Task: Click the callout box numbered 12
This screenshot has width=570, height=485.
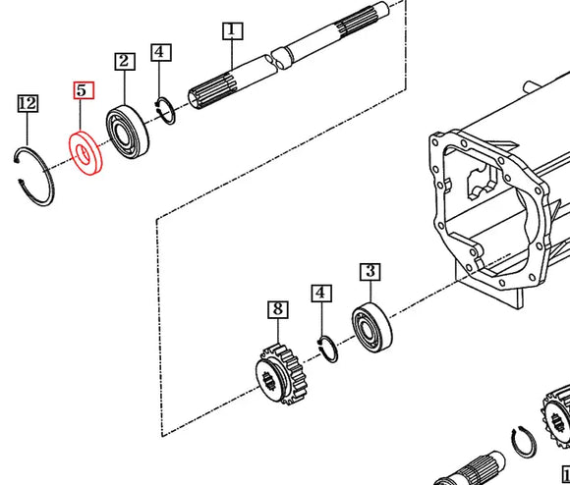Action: click(x=27, y=103)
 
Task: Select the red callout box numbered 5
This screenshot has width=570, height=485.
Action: click(x=83, y=91)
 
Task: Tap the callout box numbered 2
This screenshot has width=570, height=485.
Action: click(x=124, y=62)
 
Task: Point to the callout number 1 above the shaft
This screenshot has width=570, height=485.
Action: click(x=231, y=31)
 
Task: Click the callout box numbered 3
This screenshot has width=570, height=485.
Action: click(x=370, y=272)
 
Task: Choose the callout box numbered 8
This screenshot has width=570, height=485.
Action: click(x=277, y=310)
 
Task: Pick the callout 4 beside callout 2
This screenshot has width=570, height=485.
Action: click(x=161, y=52)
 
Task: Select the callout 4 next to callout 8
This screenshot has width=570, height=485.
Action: click(x=321, y=294)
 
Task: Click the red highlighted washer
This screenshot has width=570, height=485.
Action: click(x=85, y=154)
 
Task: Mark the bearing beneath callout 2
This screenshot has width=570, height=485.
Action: click(x=128, y=131)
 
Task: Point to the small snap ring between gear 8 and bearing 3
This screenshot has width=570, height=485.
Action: click(x=331, y=349)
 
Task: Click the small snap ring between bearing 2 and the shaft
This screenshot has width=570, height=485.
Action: click(x=168, y=111)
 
